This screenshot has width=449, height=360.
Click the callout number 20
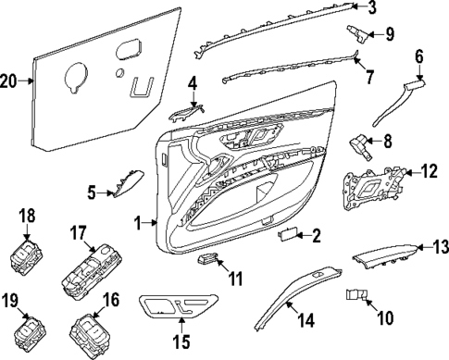point(9,81)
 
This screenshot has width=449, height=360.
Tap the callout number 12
point(427,169)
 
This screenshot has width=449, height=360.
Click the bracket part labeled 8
point(358,144)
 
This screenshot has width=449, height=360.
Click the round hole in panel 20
point(119,72)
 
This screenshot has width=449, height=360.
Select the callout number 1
point(139,222)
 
